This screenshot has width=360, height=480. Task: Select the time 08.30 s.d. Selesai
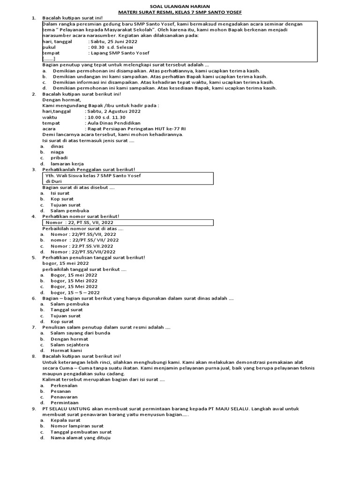[x=111, y=47]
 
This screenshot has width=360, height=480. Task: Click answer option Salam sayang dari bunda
[x=80, y=333]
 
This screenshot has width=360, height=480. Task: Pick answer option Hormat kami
[x=66, y=350]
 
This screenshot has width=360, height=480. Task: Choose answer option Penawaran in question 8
[x=64, y=397]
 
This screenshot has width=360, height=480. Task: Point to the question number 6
[x=33, y=298]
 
